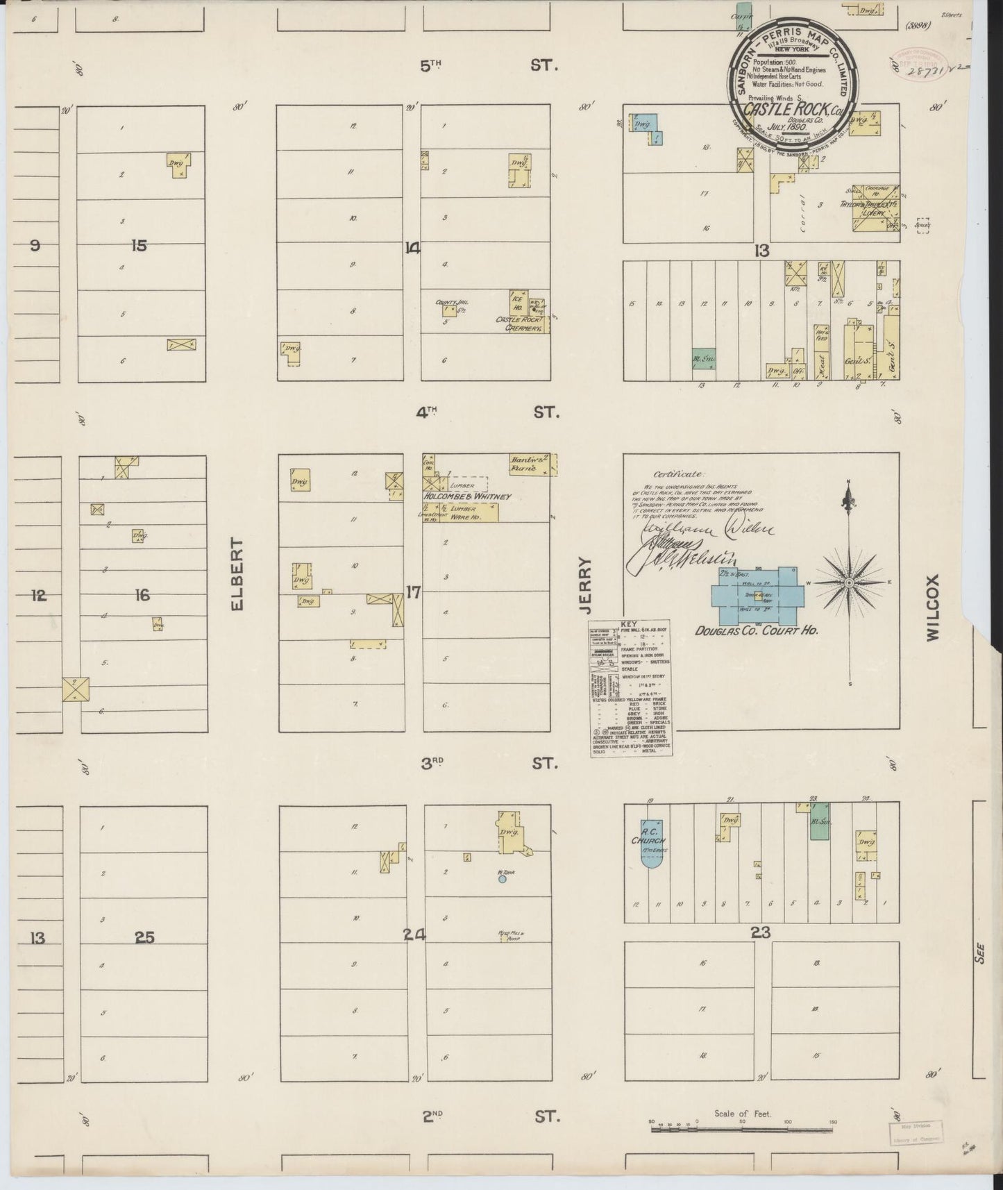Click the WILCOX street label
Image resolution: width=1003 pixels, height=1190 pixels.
(932, 606)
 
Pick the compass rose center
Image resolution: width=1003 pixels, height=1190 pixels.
(848, 583)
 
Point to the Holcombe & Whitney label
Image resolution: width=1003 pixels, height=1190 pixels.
(467, 496)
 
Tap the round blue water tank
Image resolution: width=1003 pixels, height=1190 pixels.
(502, 878)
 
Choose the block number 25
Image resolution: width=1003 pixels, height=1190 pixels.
(144, 938)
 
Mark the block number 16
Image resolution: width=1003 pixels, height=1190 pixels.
(142, 595)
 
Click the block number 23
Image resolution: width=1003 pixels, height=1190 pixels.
(761, 933)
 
